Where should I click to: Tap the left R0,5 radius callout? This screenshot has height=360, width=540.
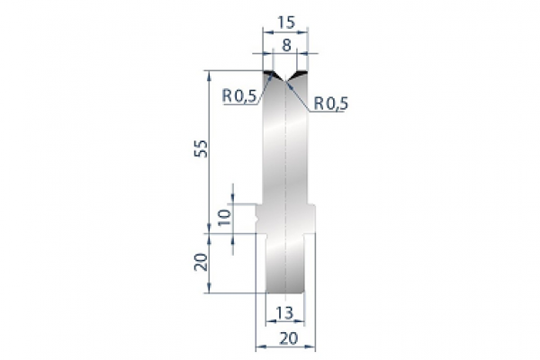point(238,93)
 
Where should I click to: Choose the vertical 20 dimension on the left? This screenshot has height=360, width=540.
point(202,262)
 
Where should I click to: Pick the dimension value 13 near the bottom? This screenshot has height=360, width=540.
point(284,314)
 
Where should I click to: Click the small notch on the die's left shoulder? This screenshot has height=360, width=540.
point(258,216)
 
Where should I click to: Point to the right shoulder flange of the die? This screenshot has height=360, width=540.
point(312,217)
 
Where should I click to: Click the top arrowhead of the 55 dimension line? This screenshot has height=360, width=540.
point(209,72)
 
